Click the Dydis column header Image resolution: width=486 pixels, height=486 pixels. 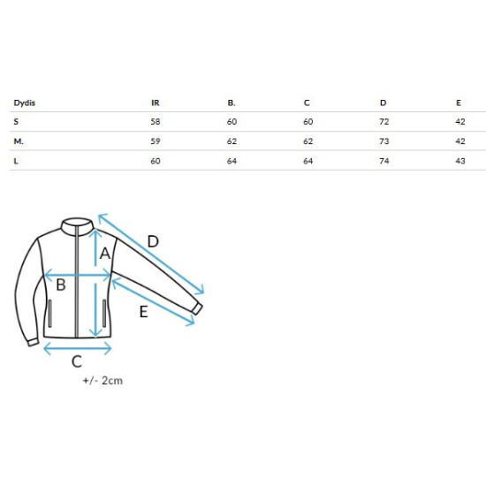pyautogui.click(x=24, y=103)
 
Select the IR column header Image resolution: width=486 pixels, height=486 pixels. pyautogui.click(x=156, y=103)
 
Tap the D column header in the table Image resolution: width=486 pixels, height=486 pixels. pyautogui.click(x=383, y=103)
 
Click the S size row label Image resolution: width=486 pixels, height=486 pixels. pyautogui.click(x=16, y=122)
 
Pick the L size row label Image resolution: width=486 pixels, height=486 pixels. pyautogui.click(x=16, y=161)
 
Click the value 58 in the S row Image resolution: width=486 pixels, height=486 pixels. pyautogui.click(x=156, y=122)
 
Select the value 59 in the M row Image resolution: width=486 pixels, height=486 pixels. pyautogui.click(x=156, y=141)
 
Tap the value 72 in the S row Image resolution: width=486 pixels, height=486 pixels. pyautogui.click(x=384, y=122)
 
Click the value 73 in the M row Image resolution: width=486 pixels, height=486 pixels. pyautogui.click(x=384, y=141)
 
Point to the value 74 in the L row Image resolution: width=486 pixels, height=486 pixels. pyautogui.click(x=384, y=161)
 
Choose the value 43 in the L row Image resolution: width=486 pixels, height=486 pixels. pyautogui.click(x=460, y=161)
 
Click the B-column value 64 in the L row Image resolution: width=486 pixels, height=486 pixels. pyautogui.click(x=232, y=161)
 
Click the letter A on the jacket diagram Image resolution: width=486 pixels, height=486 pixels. pyautogui.click(x=105, y=254)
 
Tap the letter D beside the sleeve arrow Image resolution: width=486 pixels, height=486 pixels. pyautogui.click(x=153, y=241)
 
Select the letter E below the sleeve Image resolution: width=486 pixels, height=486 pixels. pyautogui.click(x=143, y=312)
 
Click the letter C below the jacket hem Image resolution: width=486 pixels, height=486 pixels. pyautogui.click(x=77, y=361)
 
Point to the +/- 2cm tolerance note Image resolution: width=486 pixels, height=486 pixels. pyautogui.click(x=103, y=380)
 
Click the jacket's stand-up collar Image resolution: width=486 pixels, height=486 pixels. pyautogui.click(x=77, y=224)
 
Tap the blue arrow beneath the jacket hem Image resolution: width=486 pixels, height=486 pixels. pyautogui.click(x=78, y=348)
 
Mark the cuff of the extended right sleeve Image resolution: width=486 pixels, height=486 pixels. pyautogui.click(x=197, y=308)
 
